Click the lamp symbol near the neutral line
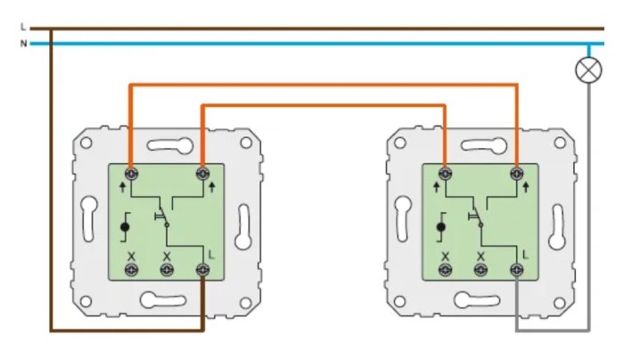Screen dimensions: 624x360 click(588, 70)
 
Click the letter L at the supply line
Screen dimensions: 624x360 click(22, 27)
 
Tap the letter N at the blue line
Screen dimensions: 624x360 click(23, 44)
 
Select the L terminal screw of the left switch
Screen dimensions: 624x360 click(203, 270)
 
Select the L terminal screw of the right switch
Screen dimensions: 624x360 click(516, 270)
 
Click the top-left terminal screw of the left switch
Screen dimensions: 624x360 click(131, 174)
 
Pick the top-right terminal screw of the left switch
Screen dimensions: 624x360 click(203, 174)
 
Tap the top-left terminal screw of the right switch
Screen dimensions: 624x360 click(445, 174)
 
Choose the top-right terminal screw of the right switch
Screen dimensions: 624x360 click(516, 174)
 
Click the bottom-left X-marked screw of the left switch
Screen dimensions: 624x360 click(131, 270)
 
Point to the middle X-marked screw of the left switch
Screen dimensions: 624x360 click(167, 270)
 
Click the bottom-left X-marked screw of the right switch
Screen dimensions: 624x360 click(445, 270)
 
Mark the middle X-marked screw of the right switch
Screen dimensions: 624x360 click(480, 270)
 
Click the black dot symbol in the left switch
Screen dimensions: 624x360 click(125, 226)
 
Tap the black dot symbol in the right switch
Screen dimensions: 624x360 click(440, 226)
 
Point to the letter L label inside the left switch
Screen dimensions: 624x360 click(211, 255)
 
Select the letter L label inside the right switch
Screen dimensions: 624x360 click(525, 255)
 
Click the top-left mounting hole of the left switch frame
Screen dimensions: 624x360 click(86, 143)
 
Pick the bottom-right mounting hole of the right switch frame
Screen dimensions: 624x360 click(559, 303)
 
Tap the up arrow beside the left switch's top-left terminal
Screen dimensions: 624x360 click(123, 186)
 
